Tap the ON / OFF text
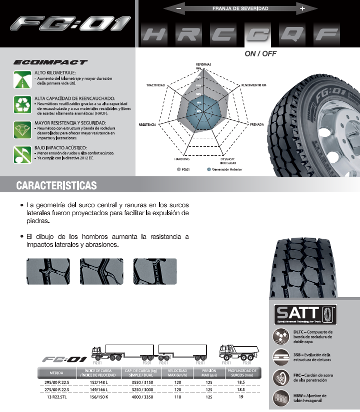(x=260, y=53)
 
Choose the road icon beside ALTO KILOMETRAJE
(x=22, y=80)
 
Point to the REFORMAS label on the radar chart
(x=203, y=65)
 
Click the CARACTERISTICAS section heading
(x=56, y=186)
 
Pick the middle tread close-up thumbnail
(x=101, y=272)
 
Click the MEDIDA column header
(x=56, y=373)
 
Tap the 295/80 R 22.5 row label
(x=56, y=382)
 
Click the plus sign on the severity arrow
(x=302, y=8)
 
